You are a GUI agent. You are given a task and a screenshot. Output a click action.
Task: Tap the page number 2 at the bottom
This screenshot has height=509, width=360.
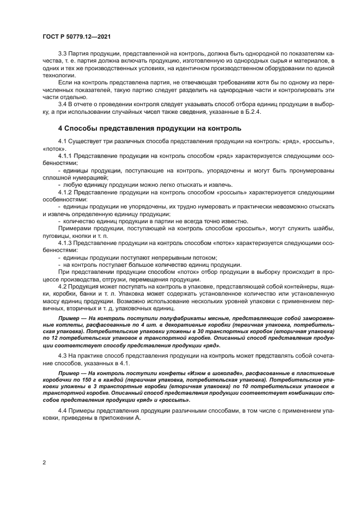tap(44, 463)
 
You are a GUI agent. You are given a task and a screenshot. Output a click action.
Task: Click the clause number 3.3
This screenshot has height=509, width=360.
tap(63, 54)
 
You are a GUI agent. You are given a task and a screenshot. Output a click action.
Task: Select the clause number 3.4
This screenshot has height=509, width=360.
tap(63, 103)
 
